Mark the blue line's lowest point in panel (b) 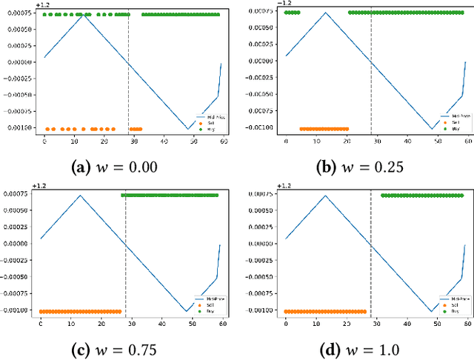tap(433, 128)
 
